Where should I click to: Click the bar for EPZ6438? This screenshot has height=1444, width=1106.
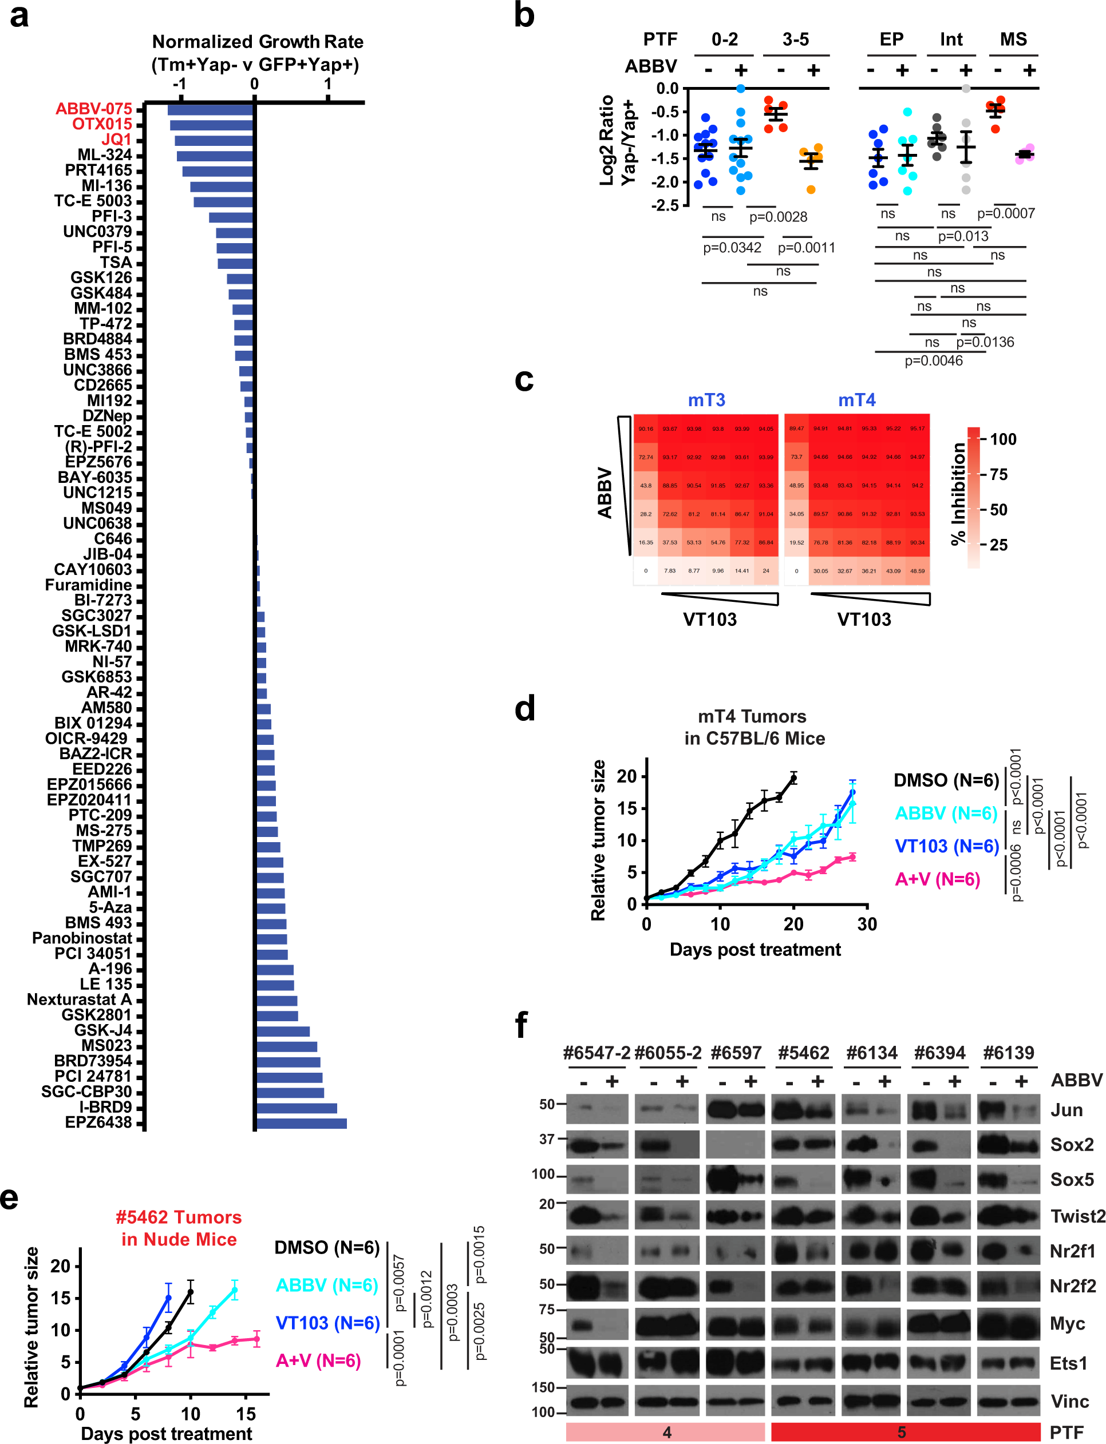pyautogui.click(x=301, y=1123)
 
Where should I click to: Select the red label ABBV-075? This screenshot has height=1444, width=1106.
pyautogui.click(x=93, y=109)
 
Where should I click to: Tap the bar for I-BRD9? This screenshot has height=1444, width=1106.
pyautogui.click(x=297, y=1108)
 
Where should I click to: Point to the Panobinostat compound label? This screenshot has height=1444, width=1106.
pyautogui.click(x=82, y=938)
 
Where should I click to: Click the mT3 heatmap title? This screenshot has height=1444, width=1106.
pyautogui.click(x=706, y=400)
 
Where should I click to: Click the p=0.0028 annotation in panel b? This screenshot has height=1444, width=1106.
pyautogui.click(x=777, y=217)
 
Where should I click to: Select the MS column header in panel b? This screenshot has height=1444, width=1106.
pyautogui.click(x=1013, y=39)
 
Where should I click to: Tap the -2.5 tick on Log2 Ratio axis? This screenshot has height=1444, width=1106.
pyautogui.click(x=665, y=205)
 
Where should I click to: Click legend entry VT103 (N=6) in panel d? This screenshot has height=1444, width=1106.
pyautogui.click(x=947, y=846)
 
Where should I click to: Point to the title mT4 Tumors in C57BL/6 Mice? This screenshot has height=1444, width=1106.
pyautogui.click(x=754, y=727)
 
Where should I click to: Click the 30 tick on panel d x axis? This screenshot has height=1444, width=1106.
pyautogui.click(x=866, y=925)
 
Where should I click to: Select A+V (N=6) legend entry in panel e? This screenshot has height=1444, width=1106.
pyautogui.click(x=318, y=1360)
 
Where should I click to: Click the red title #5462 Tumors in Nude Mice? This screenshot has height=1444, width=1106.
pyautogui.click(x=179, y=1228)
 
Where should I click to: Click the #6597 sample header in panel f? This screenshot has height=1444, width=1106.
pyautogui.click(x=736, y=1053)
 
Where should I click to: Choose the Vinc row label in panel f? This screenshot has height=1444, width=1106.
pyautogui.click(x=1070, y=1401)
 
